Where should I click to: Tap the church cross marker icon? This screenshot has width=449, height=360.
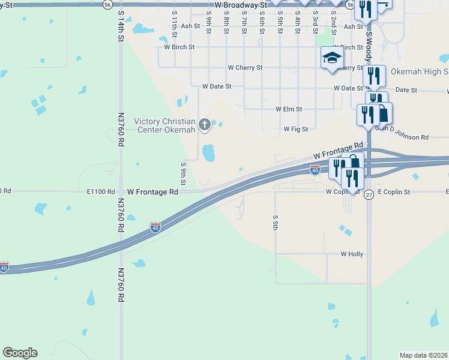(205, 125)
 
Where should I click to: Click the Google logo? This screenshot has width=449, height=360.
(20, 353)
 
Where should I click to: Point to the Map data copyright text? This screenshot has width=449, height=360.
(423, 355)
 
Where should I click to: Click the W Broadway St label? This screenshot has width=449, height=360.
(240, 4)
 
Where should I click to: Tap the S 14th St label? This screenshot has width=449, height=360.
(121, 28)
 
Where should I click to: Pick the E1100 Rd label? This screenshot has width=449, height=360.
(100, 192)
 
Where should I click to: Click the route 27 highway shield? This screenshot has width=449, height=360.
(369, 203)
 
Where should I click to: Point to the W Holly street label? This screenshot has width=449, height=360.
(352, 254)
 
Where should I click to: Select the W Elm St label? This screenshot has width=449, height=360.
(288, 109)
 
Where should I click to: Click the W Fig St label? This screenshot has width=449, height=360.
(295, 129)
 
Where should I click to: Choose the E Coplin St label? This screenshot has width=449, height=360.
(393, 192)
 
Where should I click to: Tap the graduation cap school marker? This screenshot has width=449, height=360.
(331, 58)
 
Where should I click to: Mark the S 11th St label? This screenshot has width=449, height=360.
(174, 25)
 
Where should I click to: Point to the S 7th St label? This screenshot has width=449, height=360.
(244, 25)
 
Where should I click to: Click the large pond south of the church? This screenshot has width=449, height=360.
(208, 152)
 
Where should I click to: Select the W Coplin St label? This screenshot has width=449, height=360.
(342, 192)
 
